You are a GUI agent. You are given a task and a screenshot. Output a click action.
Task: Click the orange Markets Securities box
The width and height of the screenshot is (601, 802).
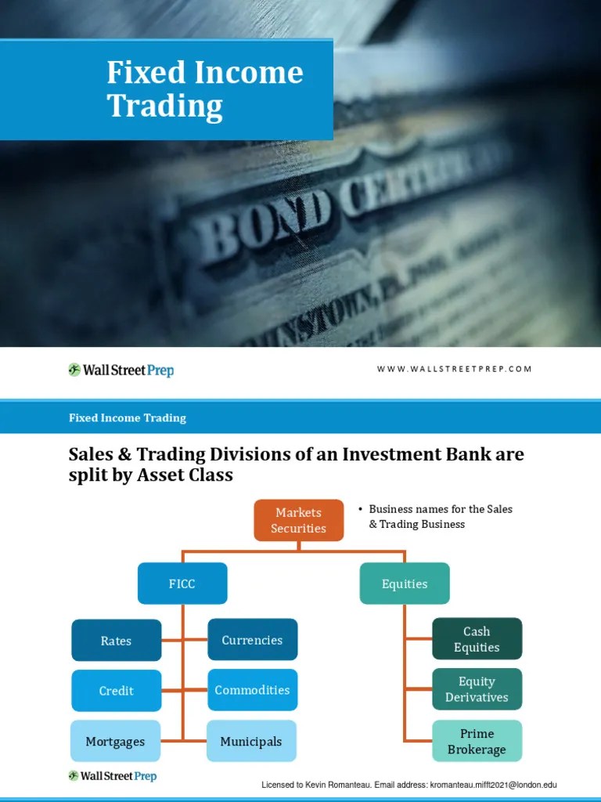[298, 520]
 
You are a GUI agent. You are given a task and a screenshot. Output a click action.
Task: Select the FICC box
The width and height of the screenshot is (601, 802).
[182, 583]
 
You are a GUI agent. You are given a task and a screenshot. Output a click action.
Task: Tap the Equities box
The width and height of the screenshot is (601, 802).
[405, 583]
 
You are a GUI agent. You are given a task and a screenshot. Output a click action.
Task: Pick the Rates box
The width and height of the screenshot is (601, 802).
[117, 641]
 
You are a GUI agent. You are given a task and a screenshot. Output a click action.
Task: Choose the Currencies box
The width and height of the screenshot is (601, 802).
[252, 640]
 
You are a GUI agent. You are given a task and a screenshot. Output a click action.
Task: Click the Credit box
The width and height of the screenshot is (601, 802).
[117, 691]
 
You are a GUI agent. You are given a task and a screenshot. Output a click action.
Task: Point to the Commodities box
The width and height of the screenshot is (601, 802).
[252, 690]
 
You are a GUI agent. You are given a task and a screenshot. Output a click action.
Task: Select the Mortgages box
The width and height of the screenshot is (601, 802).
[117, 741]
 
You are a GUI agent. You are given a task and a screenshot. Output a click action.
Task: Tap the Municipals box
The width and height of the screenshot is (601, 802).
[252, 741]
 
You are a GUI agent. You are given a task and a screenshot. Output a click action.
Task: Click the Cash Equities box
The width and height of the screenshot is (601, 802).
[477, 639]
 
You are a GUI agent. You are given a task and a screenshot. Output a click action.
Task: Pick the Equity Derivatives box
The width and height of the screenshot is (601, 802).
[477, 689]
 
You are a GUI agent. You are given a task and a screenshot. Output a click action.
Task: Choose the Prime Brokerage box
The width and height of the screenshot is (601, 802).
[477, 741]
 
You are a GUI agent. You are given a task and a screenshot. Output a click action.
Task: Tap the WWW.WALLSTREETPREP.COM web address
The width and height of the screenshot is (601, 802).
[454, 369]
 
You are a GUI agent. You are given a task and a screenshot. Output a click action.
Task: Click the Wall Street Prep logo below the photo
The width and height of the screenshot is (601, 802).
[121, 370]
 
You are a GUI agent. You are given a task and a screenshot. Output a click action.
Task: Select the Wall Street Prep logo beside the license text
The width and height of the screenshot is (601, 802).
[112, 776]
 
